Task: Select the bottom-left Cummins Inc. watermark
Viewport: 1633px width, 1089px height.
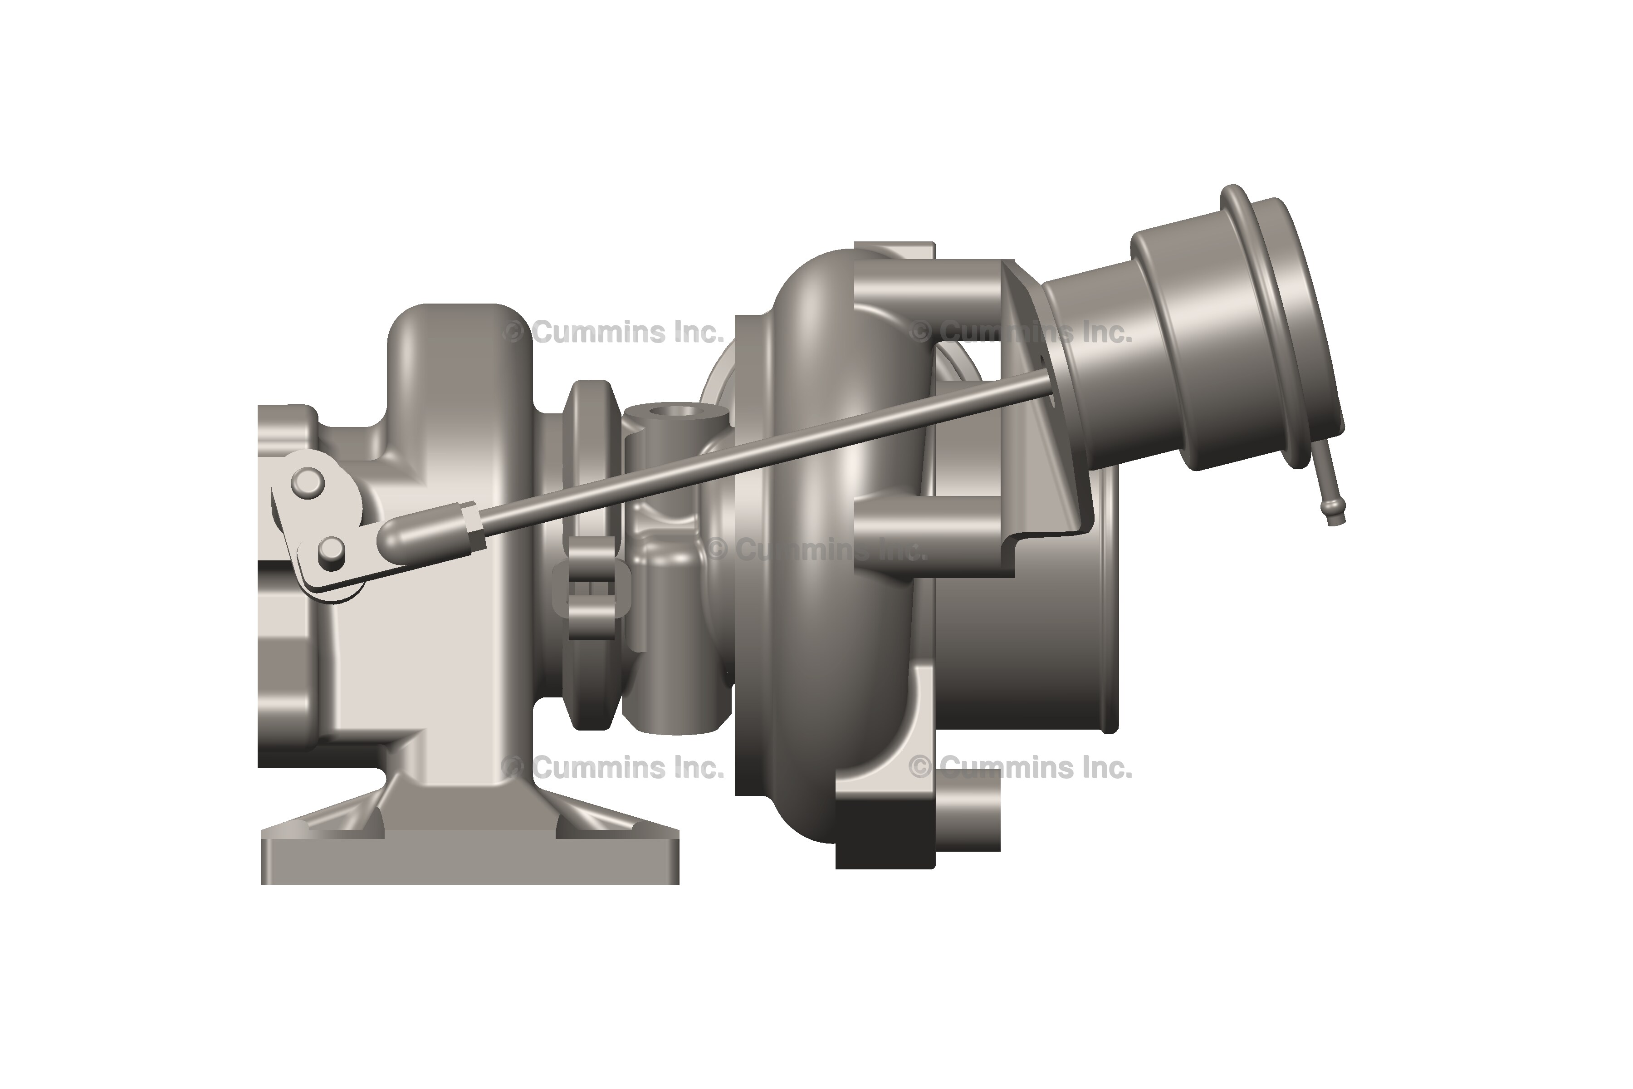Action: [615, 767]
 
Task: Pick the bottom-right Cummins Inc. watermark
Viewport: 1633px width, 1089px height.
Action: [1021, 767]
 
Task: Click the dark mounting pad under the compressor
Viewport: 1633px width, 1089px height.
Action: [885, 837]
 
